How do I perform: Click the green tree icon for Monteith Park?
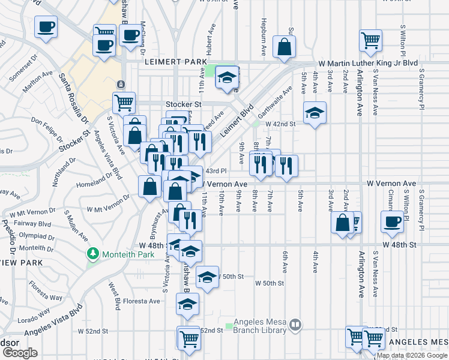[92, 254]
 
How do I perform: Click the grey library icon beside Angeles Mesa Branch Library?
[295, 325]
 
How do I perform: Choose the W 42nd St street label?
[282, 124]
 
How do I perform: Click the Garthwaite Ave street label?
[279, 98]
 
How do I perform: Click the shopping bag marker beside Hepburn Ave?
[284, 46]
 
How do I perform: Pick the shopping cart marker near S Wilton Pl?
[371, 40]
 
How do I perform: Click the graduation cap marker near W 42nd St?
[313, 113]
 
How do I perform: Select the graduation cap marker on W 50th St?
[207, 277]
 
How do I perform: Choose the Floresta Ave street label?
[142, 301]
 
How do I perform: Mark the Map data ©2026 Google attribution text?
[412, 355]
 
